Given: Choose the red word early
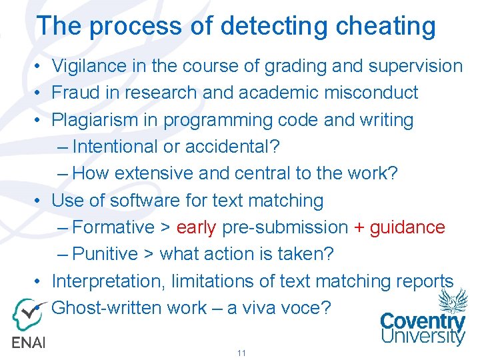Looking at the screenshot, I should point(197,227).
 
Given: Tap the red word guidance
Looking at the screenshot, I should point(407,227).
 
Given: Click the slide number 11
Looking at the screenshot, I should point(241,353).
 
